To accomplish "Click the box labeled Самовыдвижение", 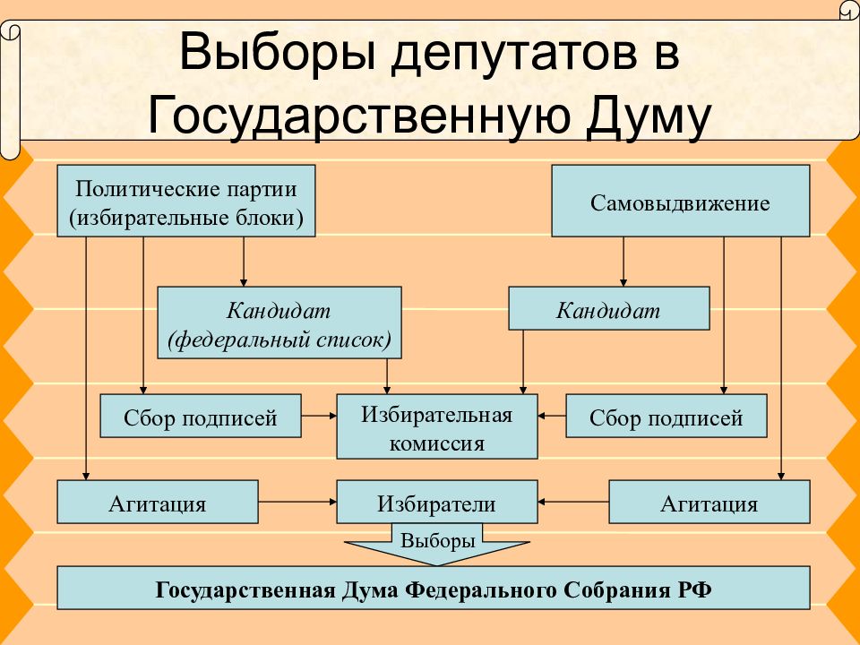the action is point(680,201).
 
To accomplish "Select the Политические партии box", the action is point(186,201).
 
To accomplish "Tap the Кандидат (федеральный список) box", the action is point(279,322).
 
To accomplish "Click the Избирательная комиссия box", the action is point(436,426).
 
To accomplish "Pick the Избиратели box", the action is point(436,502).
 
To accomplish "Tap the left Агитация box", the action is point(158,502).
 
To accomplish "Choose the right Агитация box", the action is point(709,502).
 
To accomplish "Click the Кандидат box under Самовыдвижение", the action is point(609,308).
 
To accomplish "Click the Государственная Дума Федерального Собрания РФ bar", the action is point(434,588).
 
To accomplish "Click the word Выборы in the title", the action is point(278,53).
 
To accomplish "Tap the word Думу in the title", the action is point(648,116).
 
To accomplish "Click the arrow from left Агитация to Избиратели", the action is point(297,502).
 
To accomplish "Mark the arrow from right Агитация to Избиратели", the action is point(573,502).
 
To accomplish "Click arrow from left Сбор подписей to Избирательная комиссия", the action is point(319,416).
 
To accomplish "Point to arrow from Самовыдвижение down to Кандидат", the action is point(623,262).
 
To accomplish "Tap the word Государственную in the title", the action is point(359,116).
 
